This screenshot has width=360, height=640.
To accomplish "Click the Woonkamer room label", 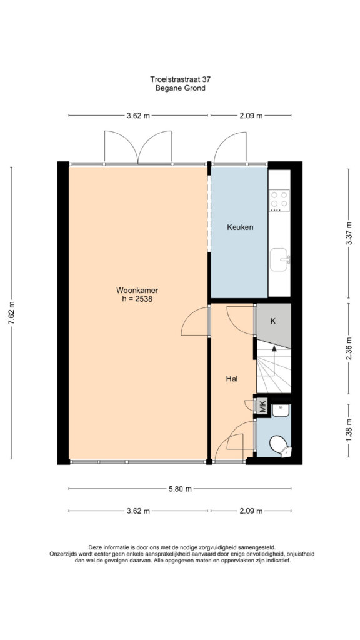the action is [x=137, y=291].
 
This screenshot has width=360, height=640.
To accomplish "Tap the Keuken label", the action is [x=240, y=227].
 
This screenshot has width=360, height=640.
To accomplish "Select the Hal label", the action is [x=232, y=379].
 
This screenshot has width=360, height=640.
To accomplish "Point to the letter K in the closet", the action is [x=273, y=321].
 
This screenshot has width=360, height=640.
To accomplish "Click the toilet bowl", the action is [x=281, y=446].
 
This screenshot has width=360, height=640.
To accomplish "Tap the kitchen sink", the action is [x=279, y=259].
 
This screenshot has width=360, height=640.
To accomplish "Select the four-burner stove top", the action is [x=279, y=201].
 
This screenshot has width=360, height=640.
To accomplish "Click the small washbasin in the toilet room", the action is [x=281, y=410].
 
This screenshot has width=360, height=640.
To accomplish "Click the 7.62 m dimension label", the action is [x=11, y=313].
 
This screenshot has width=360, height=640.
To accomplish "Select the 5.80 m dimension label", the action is [x=180, y=489].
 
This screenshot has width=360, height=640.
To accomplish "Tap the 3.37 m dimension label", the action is [x=349, y=233].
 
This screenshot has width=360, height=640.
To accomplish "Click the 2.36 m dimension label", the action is [x=349, y=348].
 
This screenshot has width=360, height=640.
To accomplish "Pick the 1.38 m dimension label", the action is [x=349, y=430].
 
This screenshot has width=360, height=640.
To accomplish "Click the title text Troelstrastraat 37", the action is [x=180, y=79].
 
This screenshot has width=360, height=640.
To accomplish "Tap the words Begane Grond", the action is [x=180, y=87].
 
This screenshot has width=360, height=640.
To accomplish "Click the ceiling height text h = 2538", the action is [x=137, y=299].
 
